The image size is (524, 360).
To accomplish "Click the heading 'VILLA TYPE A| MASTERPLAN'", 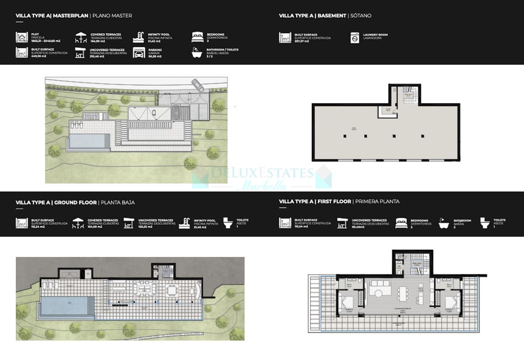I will coord(52,16).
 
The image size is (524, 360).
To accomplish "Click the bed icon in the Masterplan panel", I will coord(198,36).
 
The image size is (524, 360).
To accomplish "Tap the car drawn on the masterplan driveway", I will coord(197,85).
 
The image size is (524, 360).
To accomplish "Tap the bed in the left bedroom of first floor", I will coord(347,301).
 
